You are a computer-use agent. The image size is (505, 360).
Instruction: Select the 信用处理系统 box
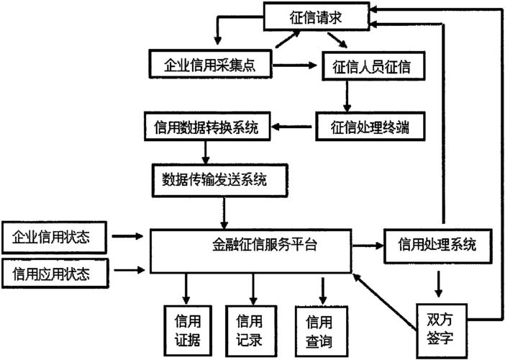(x=437, y=245)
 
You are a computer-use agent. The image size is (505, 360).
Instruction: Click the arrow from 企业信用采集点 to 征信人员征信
(x=296, y=64)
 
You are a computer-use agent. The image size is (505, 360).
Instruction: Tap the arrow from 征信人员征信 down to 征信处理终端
(x=347, y=95)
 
